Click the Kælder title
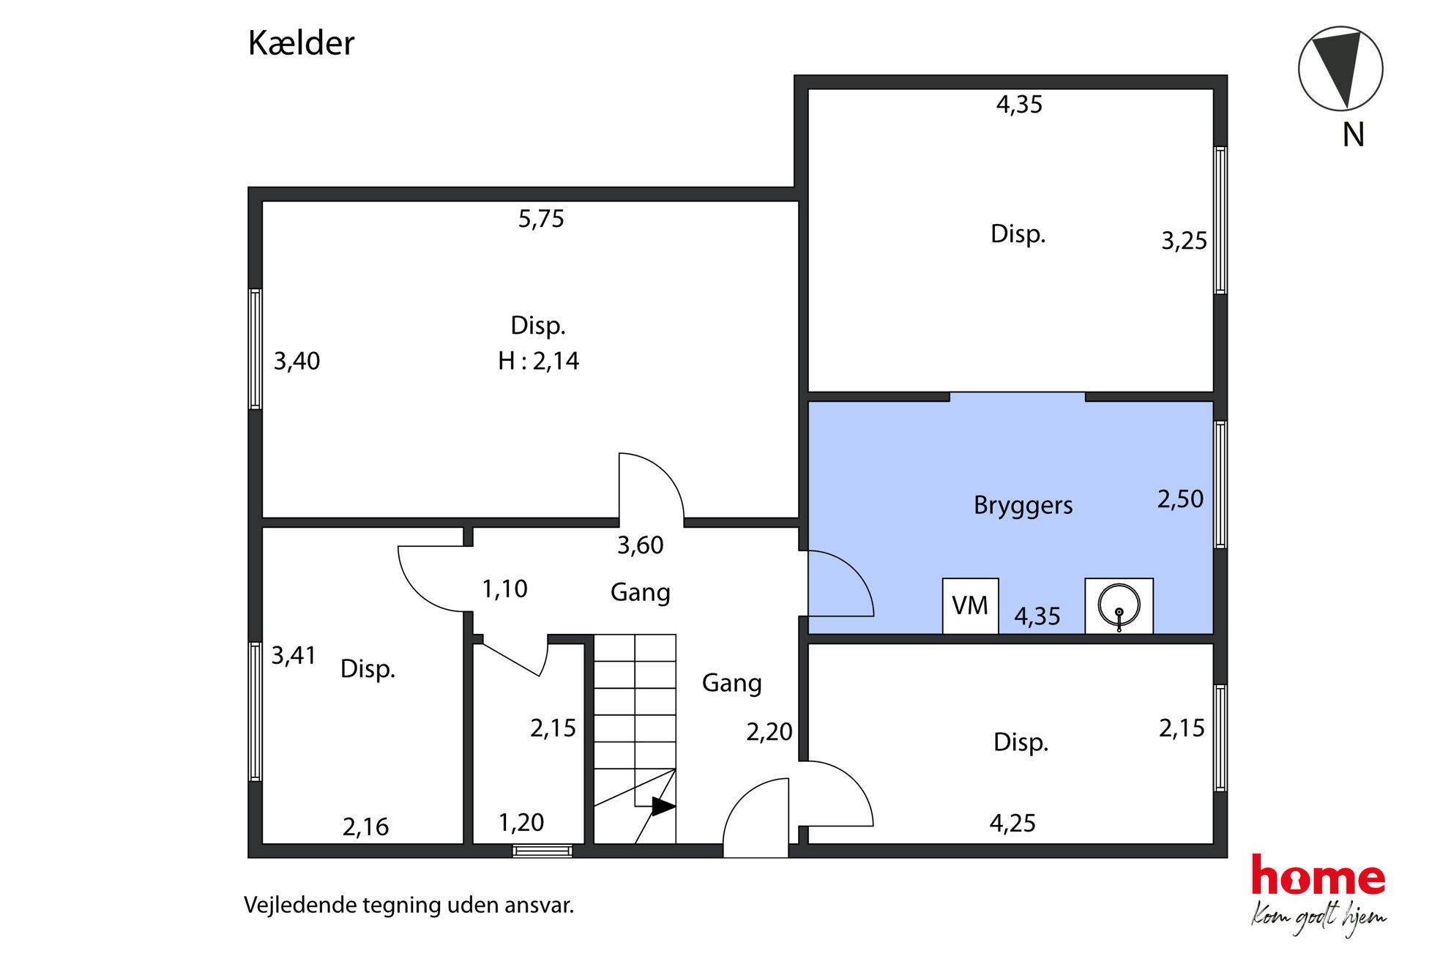pyautogui.click(x=301, y=43)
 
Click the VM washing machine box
pyautogui.click(x=971, y=606)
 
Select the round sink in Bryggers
pyautogui.click(x=1119, y=606)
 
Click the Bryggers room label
pyautogui.click(x=1023, y=506)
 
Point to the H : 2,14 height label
pyautogui.click(x=538, y=361)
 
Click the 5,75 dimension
pyautogui.click(x=541, y=219)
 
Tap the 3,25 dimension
pyautogui.click(x=1184, y=241)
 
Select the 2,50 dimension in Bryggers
pyautogui.click(x=1180, y=499)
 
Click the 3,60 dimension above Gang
pyautogui.click(x=640, y=545)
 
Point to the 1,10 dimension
pyautogui.click(x=504, y=589)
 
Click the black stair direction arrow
pyautogui.click(x=663, y=807)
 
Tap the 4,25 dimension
pyautogui.click(x=1012, y=824)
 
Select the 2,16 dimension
pyautogui.click(x=365, y=827)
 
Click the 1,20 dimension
pyautogui.click(x=521, y=823)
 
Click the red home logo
pyautogui.click(x=1318, y=875)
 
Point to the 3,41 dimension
pyautogui.click(x=294, y=655)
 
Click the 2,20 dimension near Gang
pyautogui.click(x=769, y=732)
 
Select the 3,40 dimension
pyautogui.click(x=296, y=361)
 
